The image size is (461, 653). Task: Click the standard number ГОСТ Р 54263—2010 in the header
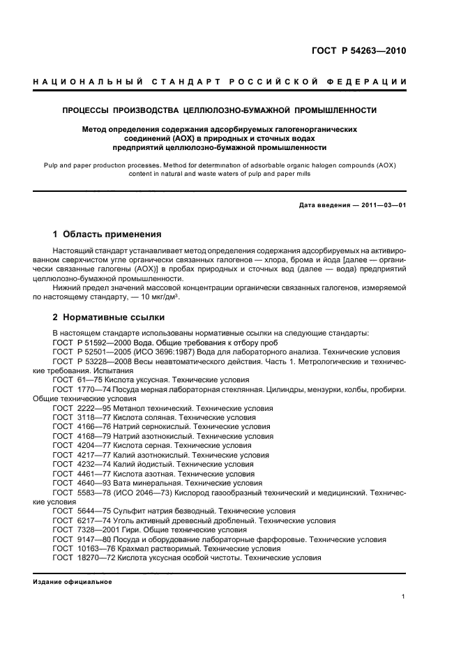358,52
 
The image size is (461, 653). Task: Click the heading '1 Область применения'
107,234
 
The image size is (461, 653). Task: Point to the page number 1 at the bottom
404,596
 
